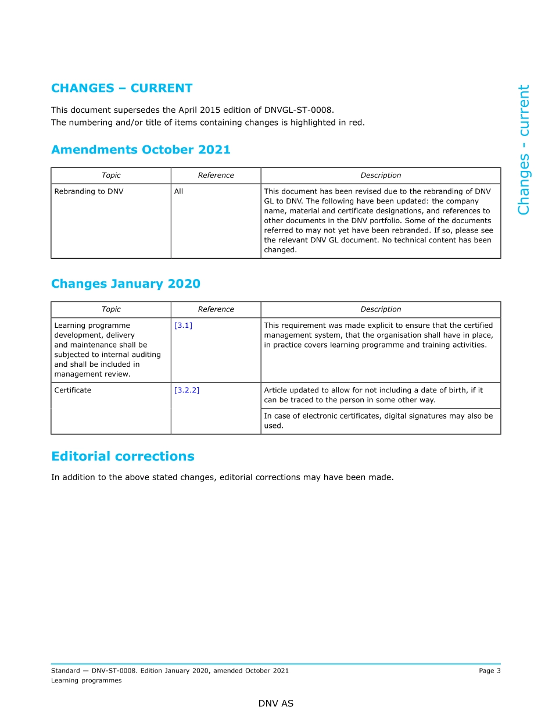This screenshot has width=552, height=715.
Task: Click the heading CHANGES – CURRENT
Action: pos(121,88)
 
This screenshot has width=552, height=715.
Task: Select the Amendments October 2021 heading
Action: pos(141,150)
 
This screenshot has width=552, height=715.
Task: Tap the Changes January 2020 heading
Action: pos(126,284)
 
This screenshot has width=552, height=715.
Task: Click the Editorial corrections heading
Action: pos(123,456)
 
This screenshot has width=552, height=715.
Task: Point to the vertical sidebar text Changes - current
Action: pos(524,150)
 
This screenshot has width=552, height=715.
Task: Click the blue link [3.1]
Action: pos(183,326)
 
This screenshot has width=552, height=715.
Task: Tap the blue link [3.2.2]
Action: pos(187,391)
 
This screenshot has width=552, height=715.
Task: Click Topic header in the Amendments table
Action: pos(111,176)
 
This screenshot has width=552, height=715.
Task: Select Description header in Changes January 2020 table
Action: pos(381,309)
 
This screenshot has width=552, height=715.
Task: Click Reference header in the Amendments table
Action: pos(216,176)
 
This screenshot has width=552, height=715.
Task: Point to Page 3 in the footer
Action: pos(489,671)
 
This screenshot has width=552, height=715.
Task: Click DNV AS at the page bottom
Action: pos(276,703)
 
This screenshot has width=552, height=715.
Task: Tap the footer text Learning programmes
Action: pos(86,681)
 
